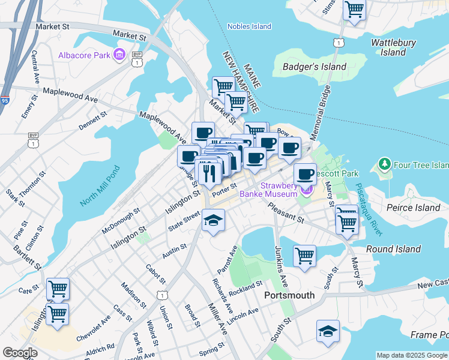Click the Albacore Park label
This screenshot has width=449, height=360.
point(85,56)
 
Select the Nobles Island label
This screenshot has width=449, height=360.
point(249,26)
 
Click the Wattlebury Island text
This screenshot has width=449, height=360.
point(393,47)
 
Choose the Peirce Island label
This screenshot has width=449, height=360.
point(414,208)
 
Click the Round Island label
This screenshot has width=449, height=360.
point(394,249)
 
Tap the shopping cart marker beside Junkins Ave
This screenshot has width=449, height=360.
point(304,255)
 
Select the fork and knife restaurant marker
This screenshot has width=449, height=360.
point(208,172)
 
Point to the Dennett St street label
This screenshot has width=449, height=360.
point(92,120)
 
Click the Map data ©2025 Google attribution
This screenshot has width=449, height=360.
point(412,355)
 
